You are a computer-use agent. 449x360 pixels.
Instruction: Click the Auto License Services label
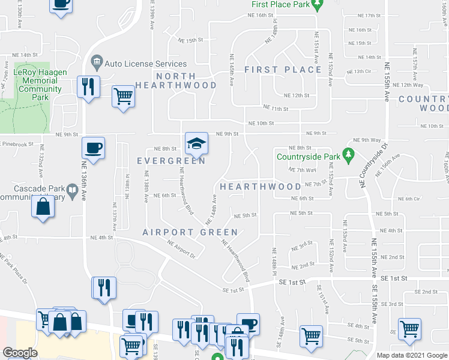click(x=146, y=64)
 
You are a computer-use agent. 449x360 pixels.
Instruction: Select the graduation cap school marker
click(x=196, y=143)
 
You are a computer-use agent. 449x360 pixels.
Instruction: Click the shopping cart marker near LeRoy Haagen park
click(x=123, y=95)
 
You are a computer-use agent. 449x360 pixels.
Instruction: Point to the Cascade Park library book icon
click(x=72, y=191)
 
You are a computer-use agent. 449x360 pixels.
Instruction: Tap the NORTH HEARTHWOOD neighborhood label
click(x=176, y=80)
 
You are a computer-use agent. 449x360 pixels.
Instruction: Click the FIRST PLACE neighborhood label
click(x=283, y=70)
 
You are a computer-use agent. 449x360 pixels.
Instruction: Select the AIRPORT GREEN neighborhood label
click(x=178, y=232)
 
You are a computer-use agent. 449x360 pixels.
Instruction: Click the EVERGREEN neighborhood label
click(x=171, y=161)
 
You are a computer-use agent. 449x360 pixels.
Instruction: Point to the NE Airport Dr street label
click(x=181, y=248)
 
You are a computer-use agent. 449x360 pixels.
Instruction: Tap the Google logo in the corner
click(x=20, y=353)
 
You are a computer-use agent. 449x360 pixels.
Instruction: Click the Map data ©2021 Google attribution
click(x=412, y=355)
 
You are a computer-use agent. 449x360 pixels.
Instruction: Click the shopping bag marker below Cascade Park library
click(x=44, y=208)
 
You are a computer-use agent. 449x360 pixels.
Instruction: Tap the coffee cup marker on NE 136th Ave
click(x=94, y=148)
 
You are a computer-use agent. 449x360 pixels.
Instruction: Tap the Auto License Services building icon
click(x=96, y=62)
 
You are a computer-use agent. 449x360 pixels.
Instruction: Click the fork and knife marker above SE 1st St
click(x=103, y=287)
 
